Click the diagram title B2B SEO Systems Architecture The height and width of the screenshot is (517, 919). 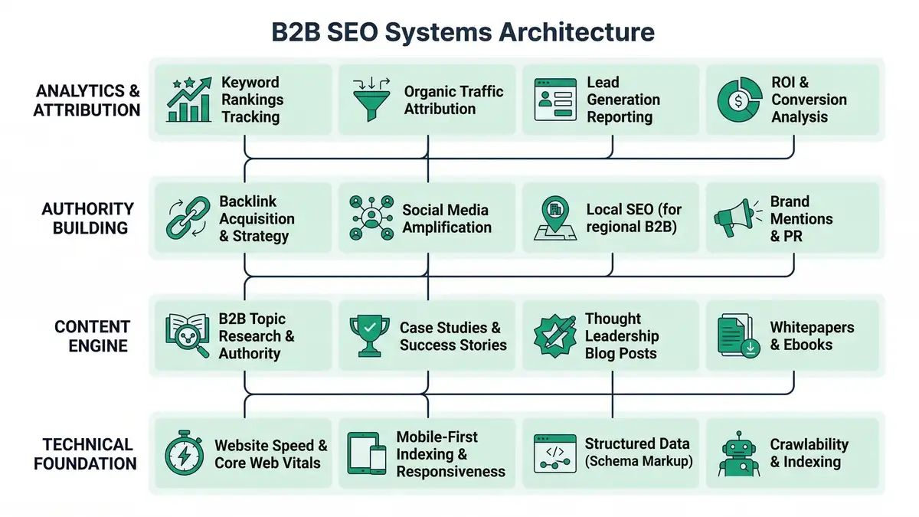pyautogui.click(x=463, y=32)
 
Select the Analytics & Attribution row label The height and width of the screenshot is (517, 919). pyautogui.click(x=88, y=100)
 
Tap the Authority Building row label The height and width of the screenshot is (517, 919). pyautogui.click(x=88, y=218)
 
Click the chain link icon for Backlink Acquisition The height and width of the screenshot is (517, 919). pyautogui.click(x=188, y=218)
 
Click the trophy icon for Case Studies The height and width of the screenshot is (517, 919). pyautogui.click(x=369, y=336)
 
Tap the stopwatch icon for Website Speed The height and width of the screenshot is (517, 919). pyautogui.click(x=185, y=454)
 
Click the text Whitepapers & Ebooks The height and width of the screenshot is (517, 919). pyautogui.click(x=812, y=336)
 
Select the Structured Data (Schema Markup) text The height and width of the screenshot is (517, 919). pyautogui.click(x=639, y=453)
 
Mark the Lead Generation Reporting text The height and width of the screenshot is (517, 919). pyautogui.click(x=623, y=100)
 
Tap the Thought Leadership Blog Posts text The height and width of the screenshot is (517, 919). pyautogui.click(x=621, y=336)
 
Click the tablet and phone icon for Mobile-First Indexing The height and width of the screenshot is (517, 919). pyautogui.click(x=368, y=454)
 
